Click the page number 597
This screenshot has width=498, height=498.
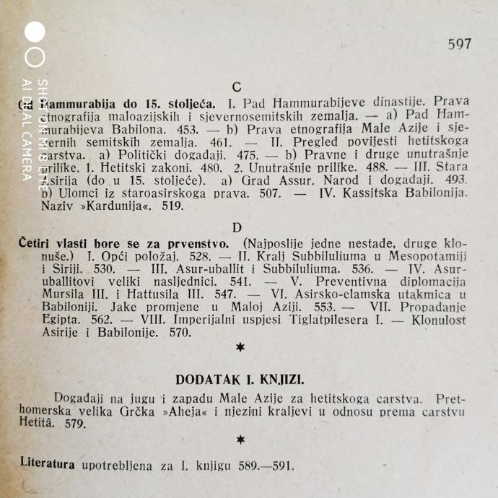coord(459,44)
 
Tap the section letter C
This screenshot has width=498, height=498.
coord(237,88)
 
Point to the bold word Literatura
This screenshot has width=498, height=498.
coord(48,463)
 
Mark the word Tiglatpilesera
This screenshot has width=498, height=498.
coord(315,320)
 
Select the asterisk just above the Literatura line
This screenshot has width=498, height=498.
coord(240,440)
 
